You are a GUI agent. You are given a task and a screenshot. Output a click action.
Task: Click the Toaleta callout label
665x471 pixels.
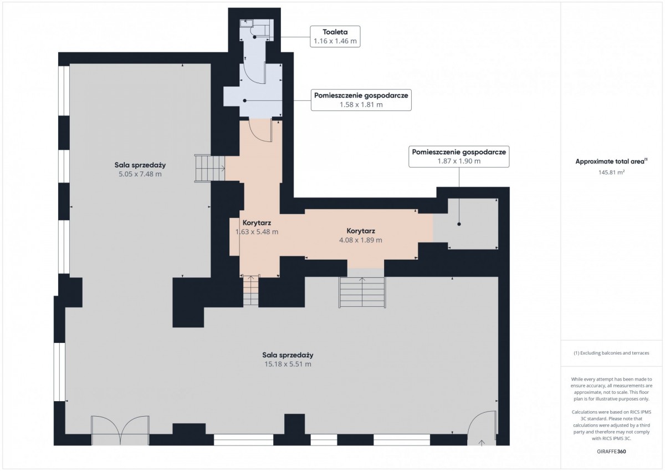point(335,32)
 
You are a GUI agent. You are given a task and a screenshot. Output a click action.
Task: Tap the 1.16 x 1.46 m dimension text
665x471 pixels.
point(335,41)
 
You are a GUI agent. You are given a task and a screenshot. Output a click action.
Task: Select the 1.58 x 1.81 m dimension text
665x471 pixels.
point(361,105)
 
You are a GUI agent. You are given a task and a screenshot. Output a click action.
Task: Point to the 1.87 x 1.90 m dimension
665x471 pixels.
point(459,161)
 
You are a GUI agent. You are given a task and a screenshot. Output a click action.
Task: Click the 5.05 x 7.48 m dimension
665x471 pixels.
point(140,174)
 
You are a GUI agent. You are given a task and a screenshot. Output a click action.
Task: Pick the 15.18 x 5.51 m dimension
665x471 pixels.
point(288,364)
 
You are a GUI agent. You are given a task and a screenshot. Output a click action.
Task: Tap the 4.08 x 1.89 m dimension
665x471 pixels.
point(360,240)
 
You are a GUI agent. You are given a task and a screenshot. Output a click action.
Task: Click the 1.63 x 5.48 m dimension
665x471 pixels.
point(257,232)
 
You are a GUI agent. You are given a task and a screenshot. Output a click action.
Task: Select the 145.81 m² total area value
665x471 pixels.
point(611,172)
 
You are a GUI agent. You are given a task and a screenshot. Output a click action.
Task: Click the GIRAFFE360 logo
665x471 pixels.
point(611,452)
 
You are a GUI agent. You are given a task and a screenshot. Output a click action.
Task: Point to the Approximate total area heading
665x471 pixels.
point(611,161)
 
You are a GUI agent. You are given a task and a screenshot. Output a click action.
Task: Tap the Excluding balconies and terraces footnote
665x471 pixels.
point(611,353)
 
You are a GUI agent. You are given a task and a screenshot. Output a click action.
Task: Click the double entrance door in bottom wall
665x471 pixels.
point(120,431)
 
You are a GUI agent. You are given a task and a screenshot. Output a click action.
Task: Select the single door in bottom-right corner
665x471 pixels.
point(482,428)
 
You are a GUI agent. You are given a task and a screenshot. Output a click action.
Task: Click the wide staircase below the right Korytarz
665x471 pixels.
point(362,292)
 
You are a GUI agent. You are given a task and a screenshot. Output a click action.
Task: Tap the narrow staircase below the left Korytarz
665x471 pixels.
point(251,290)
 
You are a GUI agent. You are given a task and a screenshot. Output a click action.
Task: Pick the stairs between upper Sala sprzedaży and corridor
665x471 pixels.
point(209,168)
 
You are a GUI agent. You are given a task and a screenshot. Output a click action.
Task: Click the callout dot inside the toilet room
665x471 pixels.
point(254,37)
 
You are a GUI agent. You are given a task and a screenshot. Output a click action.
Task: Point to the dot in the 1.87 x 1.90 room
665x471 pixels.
point(459,224)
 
